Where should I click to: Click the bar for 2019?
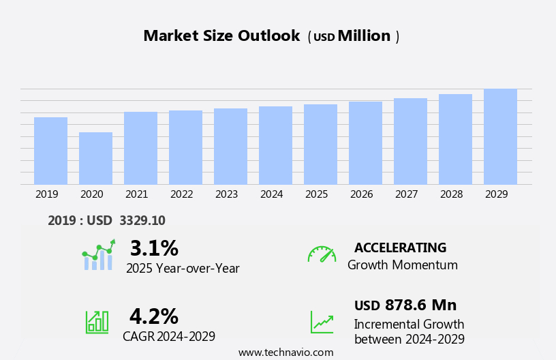coord(50,151)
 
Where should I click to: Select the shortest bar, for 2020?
coord(95,158)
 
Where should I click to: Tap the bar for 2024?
coord(275,145)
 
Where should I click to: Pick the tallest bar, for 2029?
coord(500,136)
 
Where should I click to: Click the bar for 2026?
coord(365,142)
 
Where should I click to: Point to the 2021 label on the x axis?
coord(136,194)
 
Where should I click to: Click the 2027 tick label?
coord(406,194)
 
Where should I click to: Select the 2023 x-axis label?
coord(226,194)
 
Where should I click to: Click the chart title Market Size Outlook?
coord(221,36)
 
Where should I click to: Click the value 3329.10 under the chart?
coord(142,220)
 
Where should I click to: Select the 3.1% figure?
coord(154,248)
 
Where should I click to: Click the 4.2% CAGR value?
coord(153,316)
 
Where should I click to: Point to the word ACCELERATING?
coord(400,247)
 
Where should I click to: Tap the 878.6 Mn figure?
coord(420,305)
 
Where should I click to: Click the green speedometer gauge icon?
coord(322,254)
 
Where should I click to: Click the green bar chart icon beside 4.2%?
coord(97,322)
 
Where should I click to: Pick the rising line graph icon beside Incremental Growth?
coord(322,322)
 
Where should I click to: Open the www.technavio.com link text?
coord(285,352)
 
